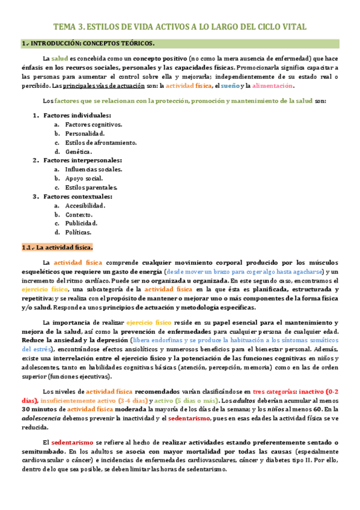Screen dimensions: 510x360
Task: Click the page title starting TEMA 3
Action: tap(180, 27)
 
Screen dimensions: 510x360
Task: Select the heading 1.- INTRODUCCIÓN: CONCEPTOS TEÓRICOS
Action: tap(88, 43)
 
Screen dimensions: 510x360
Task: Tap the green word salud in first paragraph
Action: tap(59, 58)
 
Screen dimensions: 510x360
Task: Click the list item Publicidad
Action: tap(81, 223)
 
